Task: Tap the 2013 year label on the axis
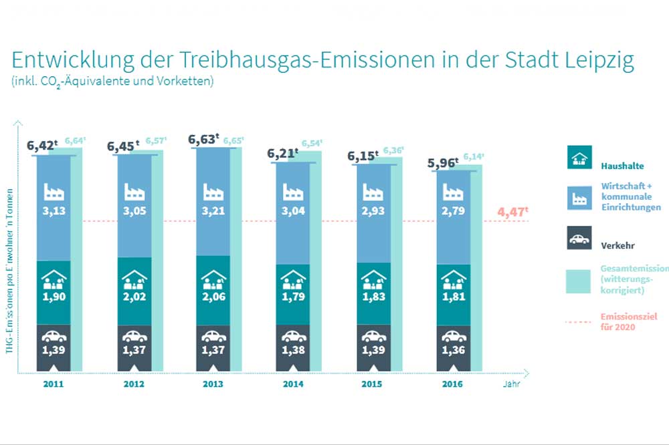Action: [x=213, y=384]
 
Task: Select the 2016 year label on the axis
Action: [x=453, y=384]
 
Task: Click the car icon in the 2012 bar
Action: [x=134, y=336]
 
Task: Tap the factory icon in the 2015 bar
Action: [x=373, y=192]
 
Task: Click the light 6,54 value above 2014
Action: [x=312, y=144]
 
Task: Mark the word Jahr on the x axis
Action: [x=510, y=384]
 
